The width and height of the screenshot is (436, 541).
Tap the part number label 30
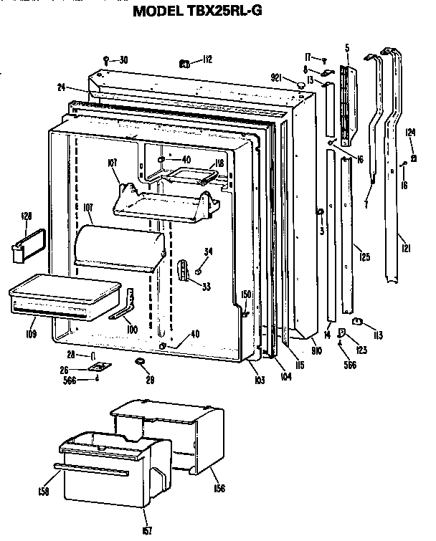[x=123, y=59]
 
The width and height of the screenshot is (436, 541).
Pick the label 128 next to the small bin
[x=27, y=215]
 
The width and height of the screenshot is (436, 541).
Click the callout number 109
[x=32, y=333]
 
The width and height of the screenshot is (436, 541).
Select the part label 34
[x=209, y=251]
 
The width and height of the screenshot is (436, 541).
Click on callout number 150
[x=246, y=295]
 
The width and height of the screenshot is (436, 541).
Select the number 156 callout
[x=218, y=489]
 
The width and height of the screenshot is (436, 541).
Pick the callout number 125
[x=364, y=256]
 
